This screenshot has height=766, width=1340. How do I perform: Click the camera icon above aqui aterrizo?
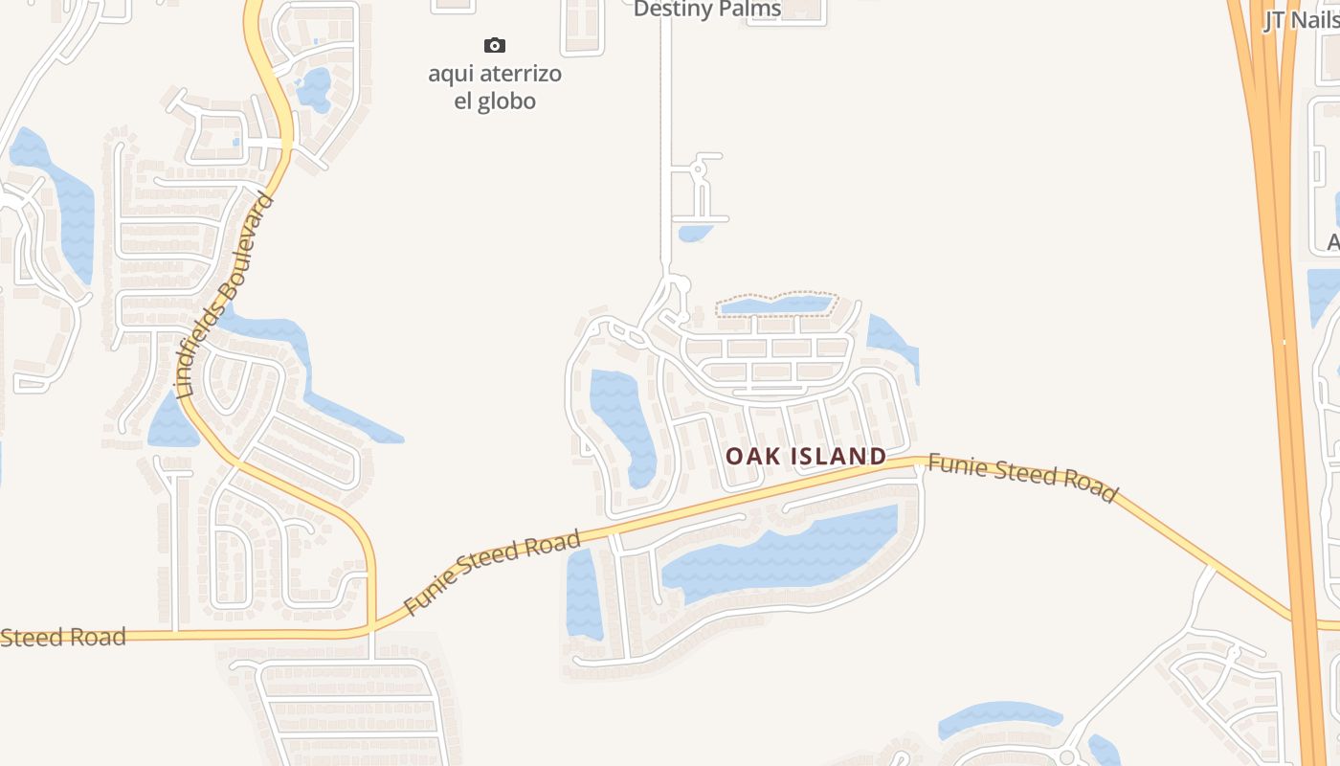pyautogui.click(x=494, y=45)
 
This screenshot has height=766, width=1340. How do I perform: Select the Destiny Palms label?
pyautogui.click(x=707, y=10)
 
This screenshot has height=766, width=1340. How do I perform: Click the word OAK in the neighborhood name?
pyautogui.click(x=747, y=457)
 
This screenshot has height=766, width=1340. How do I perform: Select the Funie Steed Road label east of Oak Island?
pyautogui.click(x=1022, y=477)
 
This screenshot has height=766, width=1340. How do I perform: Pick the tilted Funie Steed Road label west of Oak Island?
pyautogui.click(x=492, y=573)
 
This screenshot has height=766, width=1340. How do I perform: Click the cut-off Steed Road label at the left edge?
pyautogui.click(x=63, y=637)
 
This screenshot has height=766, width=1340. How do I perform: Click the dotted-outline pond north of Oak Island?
pyautogui.click(x=776, y=305)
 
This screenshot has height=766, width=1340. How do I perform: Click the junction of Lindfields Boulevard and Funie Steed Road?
pyautogui.click(x=370, y=626)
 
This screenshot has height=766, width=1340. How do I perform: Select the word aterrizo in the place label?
pyautogui.click(x=517, y=74)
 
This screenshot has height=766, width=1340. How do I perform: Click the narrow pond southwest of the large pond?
pyautogui.click(x=583, y=594)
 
